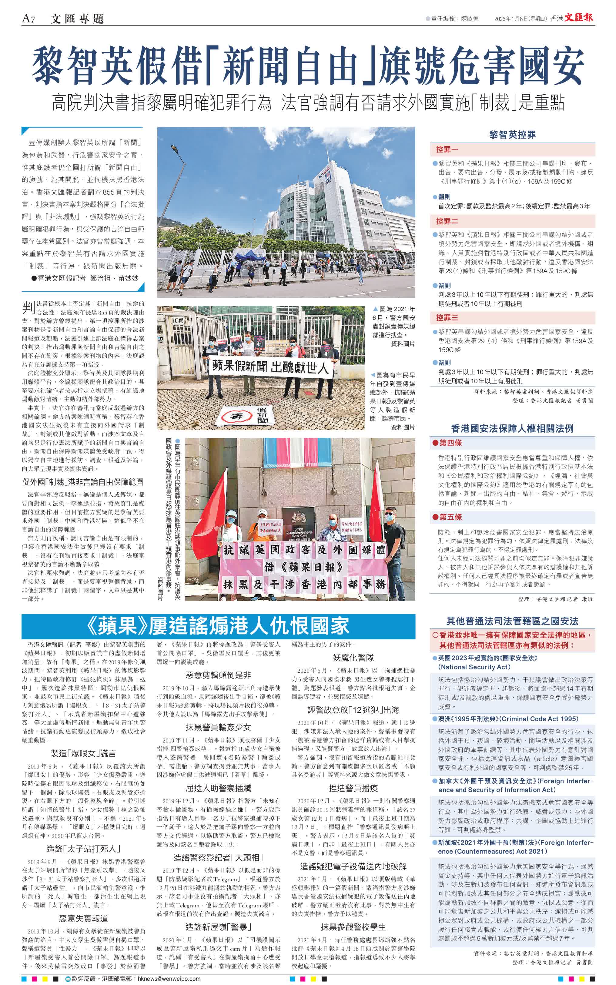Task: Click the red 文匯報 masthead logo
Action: click(578, 18)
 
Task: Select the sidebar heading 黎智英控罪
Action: click(512, 135)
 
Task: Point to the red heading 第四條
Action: click(450, 443)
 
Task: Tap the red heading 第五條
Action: click(450, 517)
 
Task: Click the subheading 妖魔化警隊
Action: click(353, 658)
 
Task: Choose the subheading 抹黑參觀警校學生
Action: click(353, 927)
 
